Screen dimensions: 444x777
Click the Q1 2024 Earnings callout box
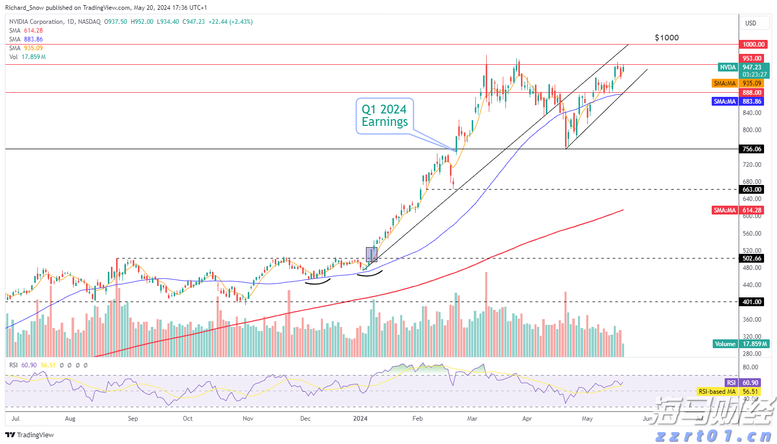click(385, 116)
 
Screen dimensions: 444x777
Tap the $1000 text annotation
click(667, 38)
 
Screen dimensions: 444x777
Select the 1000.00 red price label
click(753, 45)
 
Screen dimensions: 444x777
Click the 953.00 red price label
click(752, 59)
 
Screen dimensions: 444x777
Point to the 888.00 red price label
click(752, 93)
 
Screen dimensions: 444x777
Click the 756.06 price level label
click(752, 149)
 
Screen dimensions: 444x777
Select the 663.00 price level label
click(752, 190)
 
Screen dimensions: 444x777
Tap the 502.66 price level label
click(752, 259)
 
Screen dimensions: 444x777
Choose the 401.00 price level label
click(752, 302)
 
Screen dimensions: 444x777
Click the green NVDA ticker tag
click(728, 67)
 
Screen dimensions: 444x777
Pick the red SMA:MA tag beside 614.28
click(725, 210)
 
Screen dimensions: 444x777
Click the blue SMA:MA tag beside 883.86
click(725, 102)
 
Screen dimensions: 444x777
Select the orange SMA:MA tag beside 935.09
click(725, 83)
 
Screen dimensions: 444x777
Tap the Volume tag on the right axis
click(725, 344)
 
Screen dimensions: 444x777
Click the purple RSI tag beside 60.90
click(731, 383)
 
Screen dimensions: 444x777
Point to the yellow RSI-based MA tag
click(717, 392)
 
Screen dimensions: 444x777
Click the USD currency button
click(751, 23)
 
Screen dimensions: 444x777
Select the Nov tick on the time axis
click(248, 419)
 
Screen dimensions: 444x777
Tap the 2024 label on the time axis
click(360, 419)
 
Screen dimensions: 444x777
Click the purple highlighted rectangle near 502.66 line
click(371, 254)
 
